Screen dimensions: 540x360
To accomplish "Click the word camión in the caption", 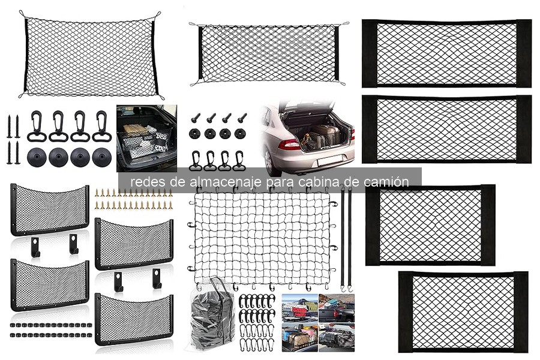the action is pos(388,182).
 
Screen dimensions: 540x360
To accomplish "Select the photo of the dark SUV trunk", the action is pos(146,138).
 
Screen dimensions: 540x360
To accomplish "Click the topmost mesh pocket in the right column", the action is pos(446,53).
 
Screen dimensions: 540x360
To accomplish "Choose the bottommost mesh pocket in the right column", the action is pos(463,312).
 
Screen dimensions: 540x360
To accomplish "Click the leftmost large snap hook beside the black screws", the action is pos(37,127).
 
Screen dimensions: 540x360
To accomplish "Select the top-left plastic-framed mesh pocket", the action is pos(50,209).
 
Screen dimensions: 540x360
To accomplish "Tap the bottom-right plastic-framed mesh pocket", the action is pos(134,319).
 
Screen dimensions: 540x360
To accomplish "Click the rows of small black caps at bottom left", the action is pos(50,330).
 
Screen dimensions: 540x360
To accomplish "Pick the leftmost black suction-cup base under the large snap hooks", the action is pos(37,157).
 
